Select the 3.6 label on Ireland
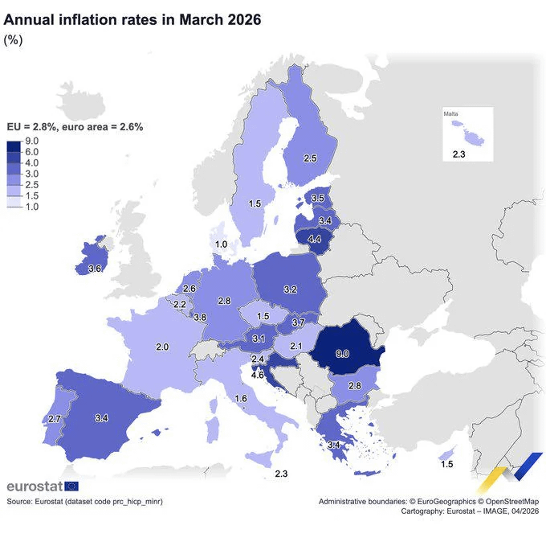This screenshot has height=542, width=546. click(94, 269)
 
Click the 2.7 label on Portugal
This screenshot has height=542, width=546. click(55, 419)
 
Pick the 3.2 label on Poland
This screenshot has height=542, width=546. click(291, 289)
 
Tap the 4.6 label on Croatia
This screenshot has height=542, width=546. click(259, 375)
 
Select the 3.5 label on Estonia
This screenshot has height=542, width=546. click(318, 198)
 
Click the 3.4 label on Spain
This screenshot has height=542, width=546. click(101, 418)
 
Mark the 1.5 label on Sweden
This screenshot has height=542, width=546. click(255, 204)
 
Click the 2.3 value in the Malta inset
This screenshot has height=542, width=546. click(458, 154)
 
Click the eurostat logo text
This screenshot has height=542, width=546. click(33, 487)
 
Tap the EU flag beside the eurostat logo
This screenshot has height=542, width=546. click(71, 487)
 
